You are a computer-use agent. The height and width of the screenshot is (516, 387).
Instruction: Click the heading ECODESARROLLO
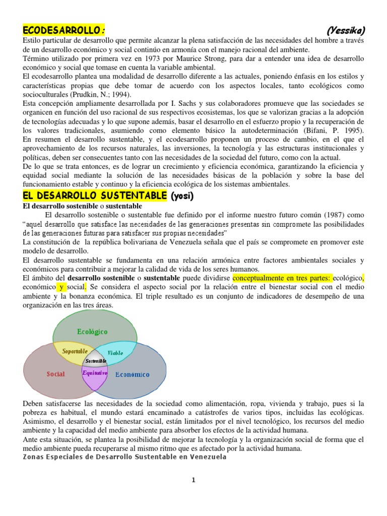tap(64, 30)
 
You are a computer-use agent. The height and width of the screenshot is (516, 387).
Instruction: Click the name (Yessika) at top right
tap(345, 30)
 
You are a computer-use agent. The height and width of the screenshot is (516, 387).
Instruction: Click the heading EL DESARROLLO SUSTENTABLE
tap(94, 195)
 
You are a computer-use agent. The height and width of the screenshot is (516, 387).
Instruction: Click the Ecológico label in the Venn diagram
tap(92, 331)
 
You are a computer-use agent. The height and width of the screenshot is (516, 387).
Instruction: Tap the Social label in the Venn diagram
tap(56, 374)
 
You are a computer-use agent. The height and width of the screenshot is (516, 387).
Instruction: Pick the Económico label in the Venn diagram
tap(133, 374)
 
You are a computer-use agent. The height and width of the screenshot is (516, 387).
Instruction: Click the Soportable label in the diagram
tap(75, 351)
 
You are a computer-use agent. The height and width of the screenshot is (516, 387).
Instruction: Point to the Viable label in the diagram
tap(115, 353)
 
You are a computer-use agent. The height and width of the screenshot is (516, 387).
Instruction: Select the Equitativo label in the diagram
tap(95, 373)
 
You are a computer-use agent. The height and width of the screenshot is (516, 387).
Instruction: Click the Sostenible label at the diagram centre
tap(96, 361)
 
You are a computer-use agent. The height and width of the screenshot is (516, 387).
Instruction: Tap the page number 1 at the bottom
tap(193, 480)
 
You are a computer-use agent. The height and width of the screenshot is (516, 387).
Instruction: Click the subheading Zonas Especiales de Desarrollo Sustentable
tap(125, 457)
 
